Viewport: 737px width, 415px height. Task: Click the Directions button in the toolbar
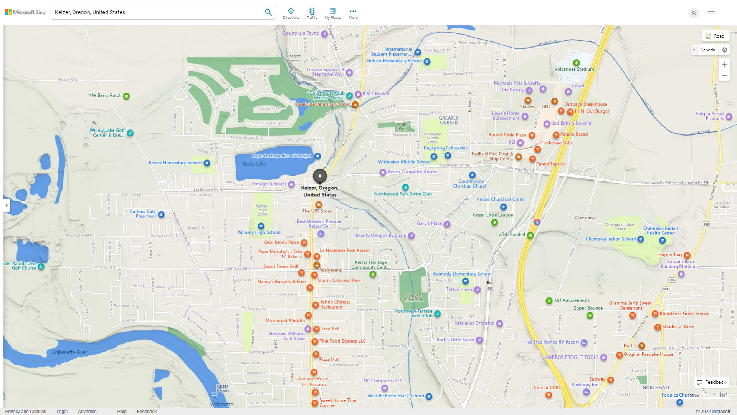(291, 13)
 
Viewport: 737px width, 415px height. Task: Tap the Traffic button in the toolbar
(312, 13)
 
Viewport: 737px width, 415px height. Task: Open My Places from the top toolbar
(332, 13)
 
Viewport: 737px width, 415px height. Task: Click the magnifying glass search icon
(268, 12)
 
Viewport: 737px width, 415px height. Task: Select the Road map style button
(716, 36)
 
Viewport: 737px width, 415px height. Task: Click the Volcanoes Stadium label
(574, 69)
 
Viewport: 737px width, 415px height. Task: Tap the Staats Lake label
(254, 164)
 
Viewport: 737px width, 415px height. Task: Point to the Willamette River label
(69, 352)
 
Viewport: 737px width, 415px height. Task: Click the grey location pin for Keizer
(320, 176)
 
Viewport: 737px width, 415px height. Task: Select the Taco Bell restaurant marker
(316, 329)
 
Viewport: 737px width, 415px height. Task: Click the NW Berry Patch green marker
(126, 96)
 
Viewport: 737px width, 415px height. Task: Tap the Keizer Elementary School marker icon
(207, 163)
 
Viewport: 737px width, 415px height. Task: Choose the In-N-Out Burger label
(592, 111)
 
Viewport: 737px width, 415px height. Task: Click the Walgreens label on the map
(330, 270)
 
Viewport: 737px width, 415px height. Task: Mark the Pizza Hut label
(329, 359)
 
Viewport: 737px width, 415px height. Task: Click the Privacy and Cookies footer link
(26, 411)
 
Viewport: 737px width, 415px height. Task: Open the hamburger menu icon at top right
(711, 13)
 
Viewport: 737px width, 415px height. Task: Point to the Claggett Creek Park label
(414, 297)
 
